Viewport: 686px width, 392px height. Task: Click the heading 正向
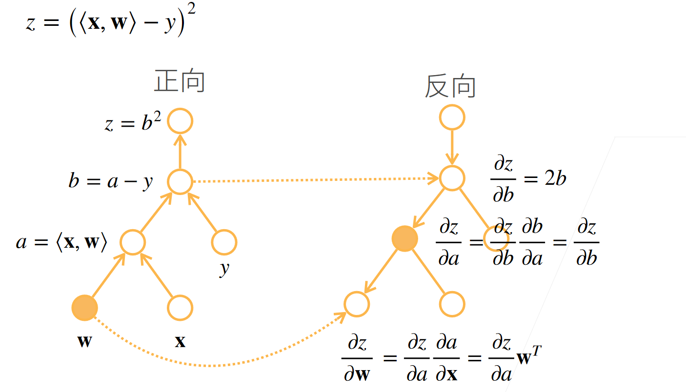click(x=180, y=82)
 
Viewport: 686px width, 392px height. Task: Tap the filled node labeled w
click(x=85, y=308)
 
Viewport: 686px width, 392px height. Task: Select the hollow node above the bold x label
click(x=180, y=308)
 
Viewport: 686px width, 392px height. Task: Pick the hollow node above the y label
click(x=224, y=242)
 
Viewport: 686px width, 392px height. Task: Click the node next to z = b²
click(x=180, y=121)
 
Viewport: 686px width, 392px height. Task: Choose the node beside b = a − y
click(x=180, y=182)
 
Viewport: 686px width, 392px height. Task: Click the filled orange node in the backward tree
click(x=405, y=239)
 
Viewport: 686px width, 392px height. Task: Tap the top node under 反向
click(x=452, y=118)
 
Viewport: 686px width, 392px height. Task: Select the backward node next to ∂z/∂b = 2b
click(x=452, y=178)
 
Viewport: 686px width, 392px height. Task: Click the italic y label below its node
click(x=224, y=268)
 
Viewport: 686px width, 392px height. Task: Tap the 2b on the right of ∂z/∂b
click(x=555, y=179)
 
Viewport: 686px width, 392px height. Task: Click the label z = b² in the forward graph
click(x=133, y=123)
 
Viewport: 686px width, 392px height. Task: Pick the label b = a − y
click(x=111, y=182)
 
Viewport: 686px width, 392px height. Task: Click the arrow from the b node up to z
click(x=180, y=151)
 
